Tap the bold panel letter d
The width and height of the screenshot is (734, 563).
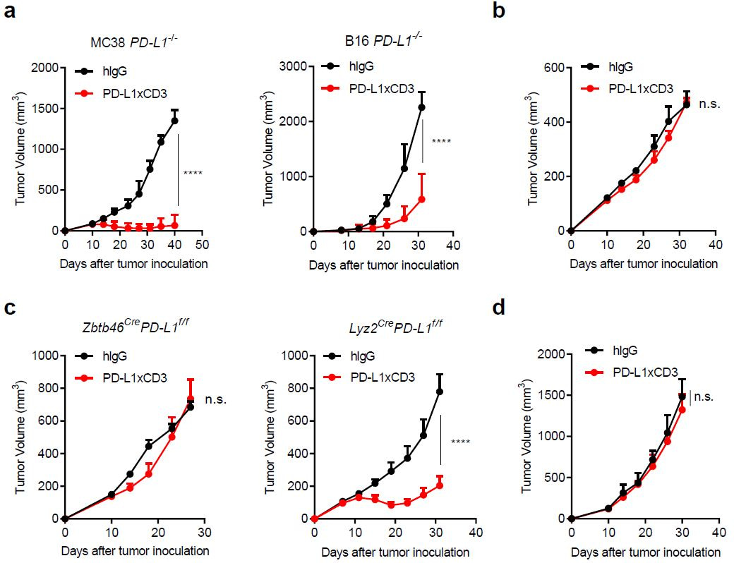(499, 310)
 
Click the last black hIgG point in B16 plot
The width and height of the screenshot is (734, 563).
(421, 107)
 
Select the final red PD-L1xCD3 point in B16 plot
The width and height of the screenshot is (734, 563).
(421, 199)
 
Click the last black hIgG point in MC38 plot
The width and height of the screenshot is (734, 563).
(174, 121)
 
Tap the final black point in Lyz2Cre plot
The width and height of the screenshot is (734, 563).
(440, 392)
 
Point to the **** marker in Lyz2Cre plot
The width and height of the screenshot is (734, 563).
(460, 442)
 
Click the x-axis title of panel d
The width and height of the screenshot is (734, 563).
(645, 552)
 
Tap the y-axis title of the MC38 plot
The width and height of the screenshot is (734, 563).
(21, 149)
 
